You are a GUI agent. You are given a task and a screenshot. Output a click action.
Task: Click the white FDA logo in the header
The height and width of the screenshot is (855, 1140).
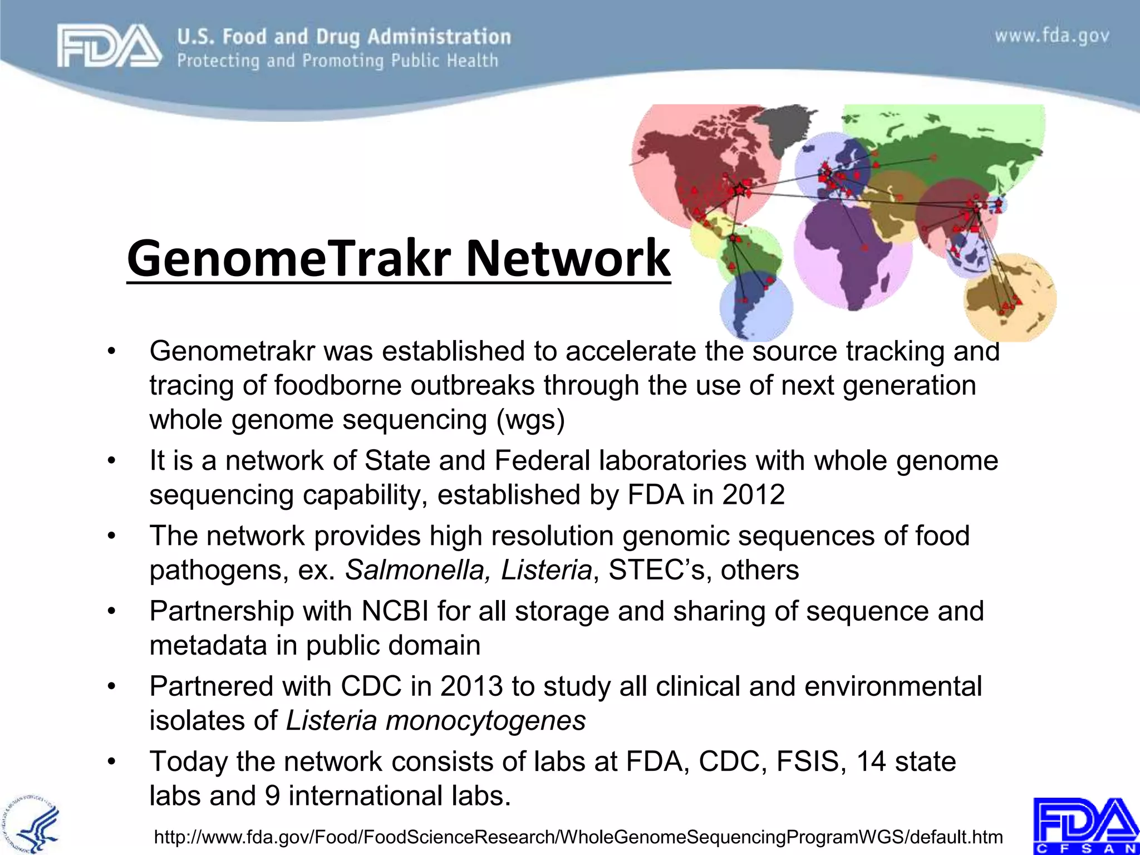(x=109, y=47)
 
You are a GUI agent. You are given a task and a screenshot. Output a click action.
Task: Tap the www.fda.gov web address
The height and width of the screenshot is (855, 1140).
(x=1052, y=36)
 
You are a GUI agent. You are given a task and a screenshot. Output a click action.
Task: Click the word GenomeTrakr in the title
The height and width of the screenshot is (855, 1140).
(x=289, y=258)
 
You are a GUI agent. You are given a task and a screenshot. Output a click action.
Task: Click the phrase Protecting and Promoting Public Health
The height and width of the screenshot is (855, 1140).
(x=337, y=61)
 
